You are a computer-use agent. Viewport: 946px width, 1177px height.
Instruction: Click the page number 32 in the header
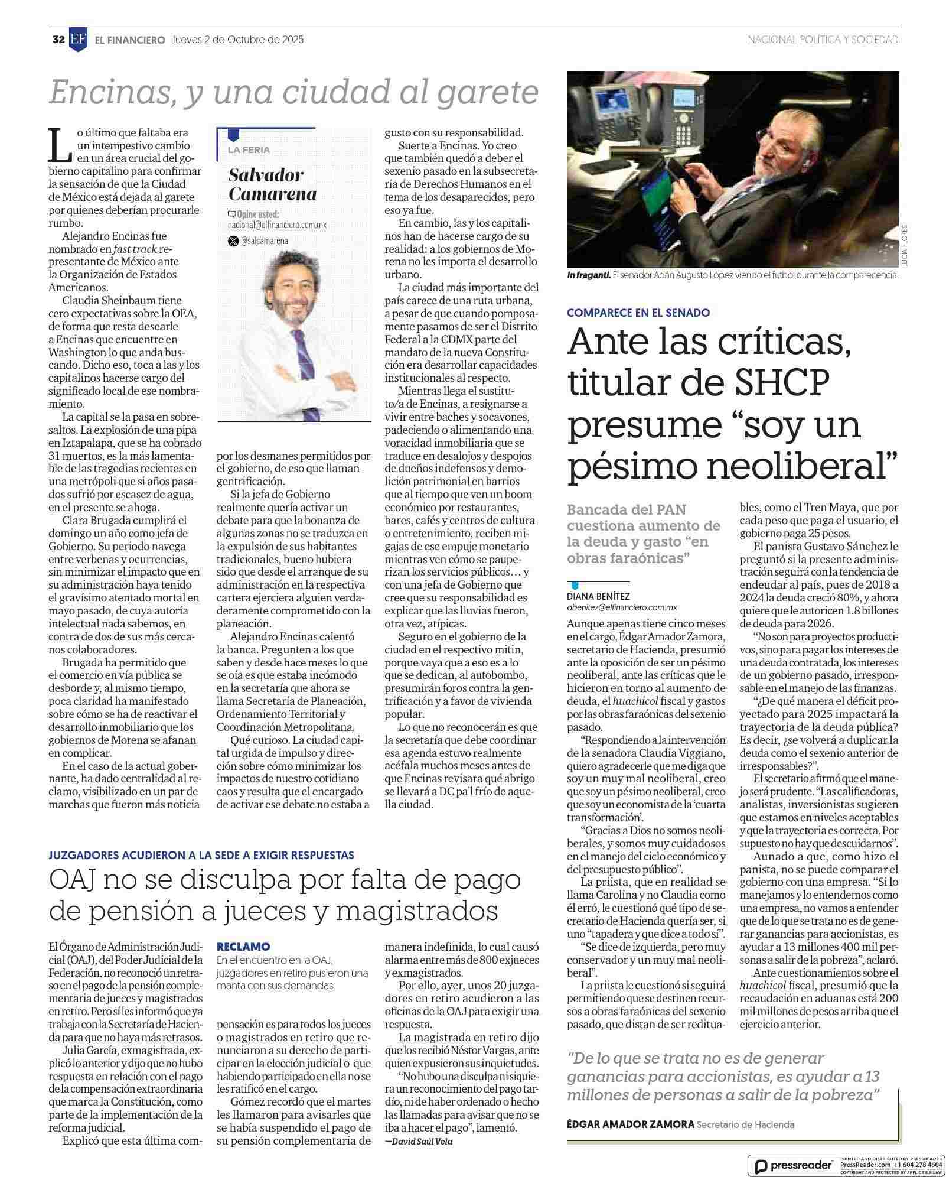pyautogui.click(x=58, y=40)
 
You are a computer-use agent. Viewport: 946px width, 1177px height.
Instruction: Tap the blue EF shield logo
pyautogui.click(x=78, y=40)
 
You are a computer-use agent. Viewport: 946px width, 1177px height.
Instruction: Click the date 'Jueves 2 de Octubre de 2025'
pyautogui.click(x=237, y=40)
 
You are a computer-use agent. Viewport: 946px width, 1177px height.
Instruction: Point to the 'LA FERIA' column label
pyautogui.click(x=249, y=149)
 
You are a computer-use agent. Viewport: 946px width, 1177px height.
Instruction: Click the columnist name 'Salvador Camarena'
pyautogui.click(x=272, y=184)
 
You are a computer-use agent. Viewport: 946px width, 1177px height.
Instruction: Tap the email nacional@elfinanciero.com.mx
pyautogui.click(x=276, y=225)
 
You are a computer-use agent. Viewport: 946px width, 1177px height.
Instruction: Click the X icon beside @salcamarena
pyautogui.click(x=233, y=241)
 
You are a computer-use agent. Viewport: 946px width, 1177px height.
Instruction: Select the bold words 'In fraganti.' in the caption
pyautogui.click(x=588, y=275)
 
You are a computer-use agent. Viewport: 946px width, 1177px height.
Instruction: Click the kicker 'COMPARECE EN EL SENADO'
pyautogui.click(x=638, y=313)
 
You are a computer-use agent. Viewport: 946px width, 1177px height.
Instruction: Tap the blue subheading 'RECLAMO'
pyautogui.click(x=243, y=947)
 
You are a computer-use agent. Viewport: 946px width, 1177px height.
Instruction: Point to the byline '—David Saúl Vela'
pyautogui.click(x=419, y=1141)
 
